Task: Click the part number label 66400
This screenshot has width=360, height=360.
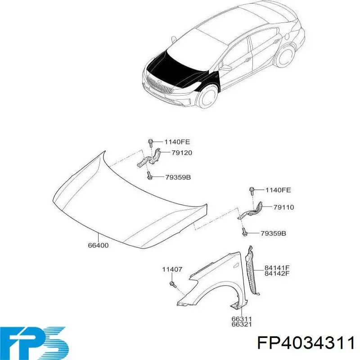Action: click(98, 245)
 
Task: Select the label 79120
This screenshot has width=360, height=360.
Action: click(182, 153)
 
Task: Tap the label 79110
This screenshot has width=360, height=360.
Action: click(283, 207)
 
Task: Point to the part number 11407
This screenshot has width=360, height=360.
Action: click(172, 269)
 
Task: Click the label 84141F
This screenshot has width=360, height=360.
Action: click(277, 268)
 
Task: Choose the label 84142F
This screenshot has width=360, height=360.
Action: click(277, 273)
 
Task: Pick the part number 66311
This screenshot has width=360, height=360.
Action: click(242, 319)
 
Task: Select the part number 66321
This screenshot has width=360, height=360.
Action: click(242, 324)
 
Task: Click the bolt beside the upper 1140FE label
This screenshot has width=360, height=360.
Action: click(151, 143)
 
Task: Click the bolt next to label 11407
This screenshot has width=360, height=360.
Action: click(173, 285)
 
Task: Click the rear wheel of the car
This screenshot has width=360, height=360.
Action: click(285, 56)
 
